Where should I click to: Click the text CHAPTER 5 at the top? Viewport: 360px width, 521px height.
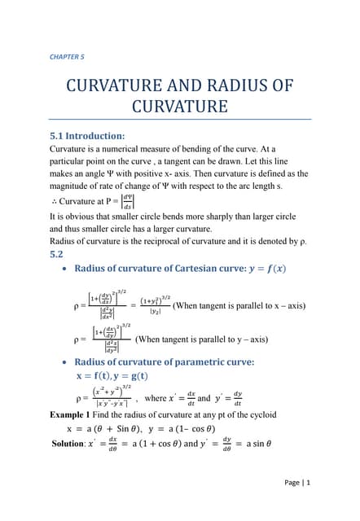coord(67,56)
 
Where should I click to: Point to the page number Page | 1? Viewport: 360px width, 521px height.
coord(296,482)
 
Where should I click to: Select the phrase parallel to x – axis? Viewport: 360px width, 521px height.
coord(266,306)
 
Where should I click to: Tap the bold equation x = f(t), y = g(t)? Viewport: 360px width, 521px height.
coord(112,375)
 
